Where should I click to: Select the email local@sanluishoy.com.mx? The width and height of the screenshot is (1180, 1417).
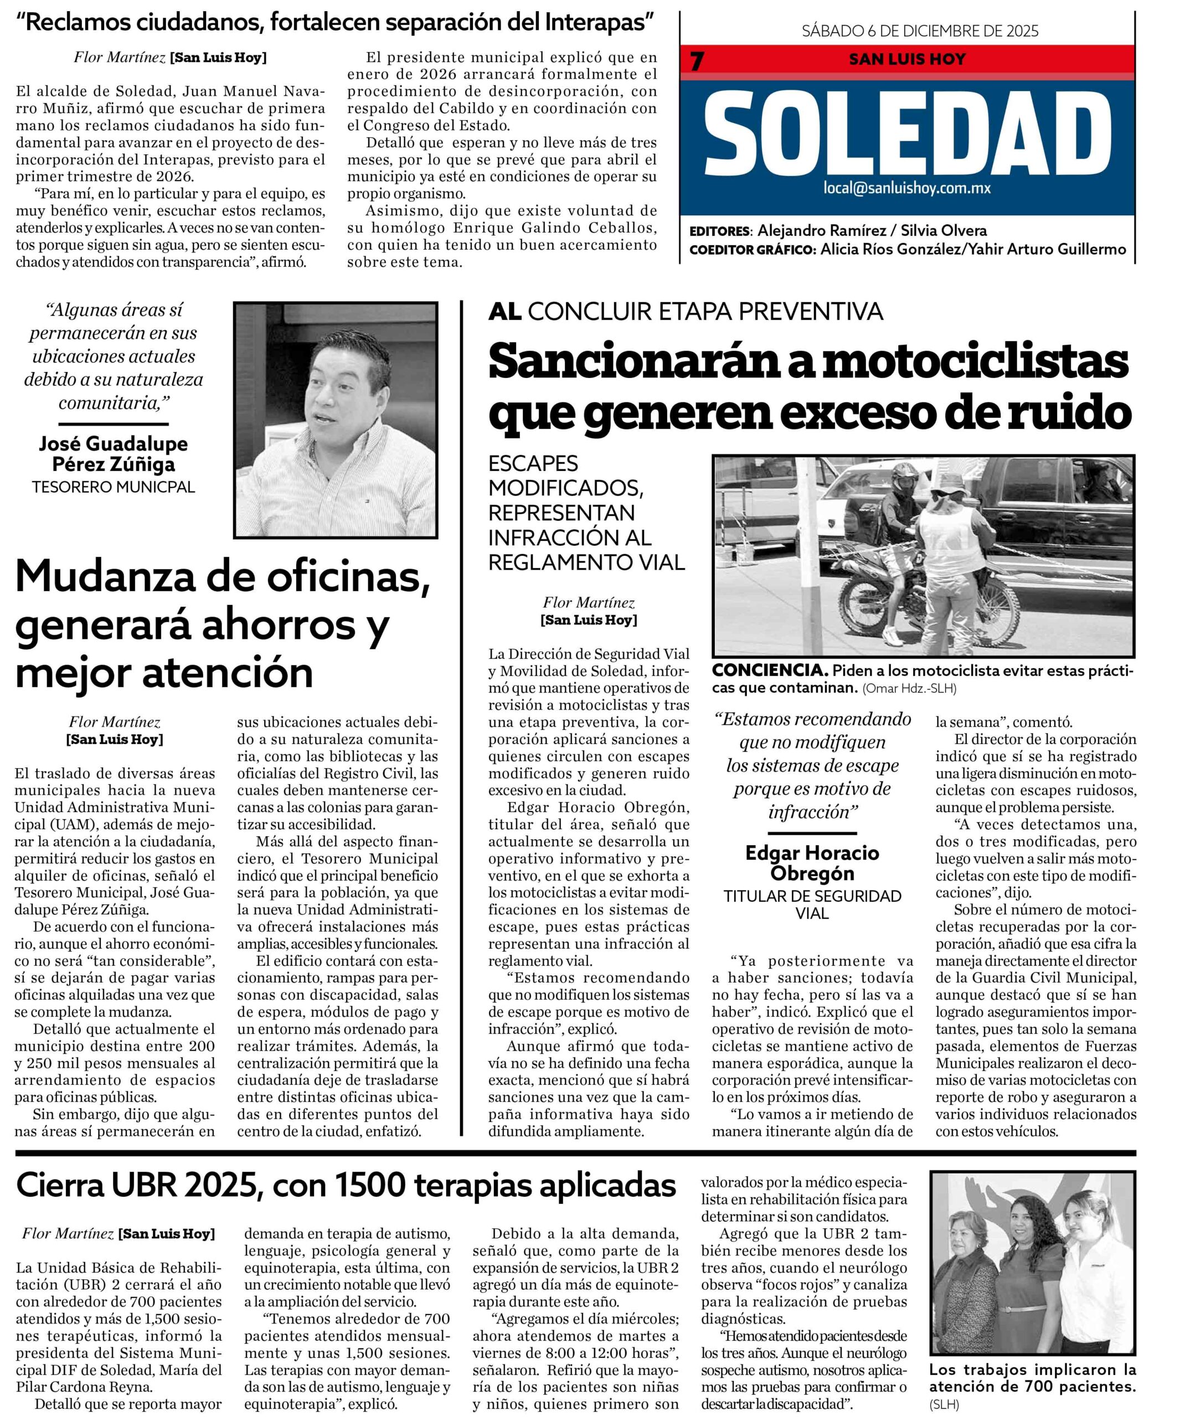pos(906,188)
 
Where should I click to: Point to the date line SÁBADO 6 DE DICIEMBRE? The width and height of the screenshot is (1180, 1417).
pos(919,31)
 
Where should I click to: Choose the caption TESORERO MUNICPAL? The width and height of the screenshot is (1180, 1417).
pos(114,487)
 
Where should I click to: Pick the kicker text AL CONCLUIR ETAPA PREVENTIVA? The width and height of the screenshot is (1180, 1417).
pos(685,311)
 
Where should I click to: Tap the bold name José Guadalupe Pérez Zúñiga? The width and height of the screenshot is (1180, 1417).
pos(114,453)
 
